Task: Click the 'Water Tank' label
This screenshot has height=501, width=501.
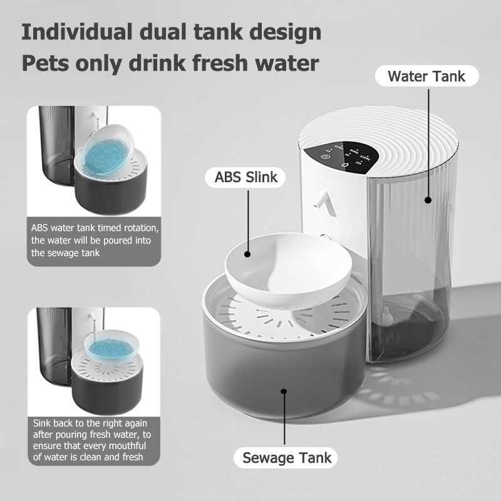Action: [x=426, y=76]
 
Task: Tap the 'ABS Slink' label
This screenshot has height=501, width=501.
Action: [x=246, y=177]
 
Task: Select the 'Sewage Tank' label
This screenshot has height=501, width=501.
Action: [x=286, y=457]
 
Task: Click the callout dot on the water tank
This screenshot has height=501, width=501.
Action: [x=428, y=200]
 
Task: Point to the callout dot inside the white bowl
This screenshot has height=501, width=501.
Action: [x=247, y=254]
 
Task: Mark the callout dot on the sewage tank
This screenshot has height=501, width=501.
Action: [x=284, y=391]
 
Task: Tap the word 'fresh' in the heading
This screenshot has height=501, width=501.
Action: [x=221, y=63]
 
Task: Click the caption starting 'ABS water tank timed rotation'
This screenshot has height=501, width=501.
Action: [x=94, y=240]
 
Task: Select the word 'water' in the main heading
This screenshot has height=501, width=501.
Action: [x=289, y=63]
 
